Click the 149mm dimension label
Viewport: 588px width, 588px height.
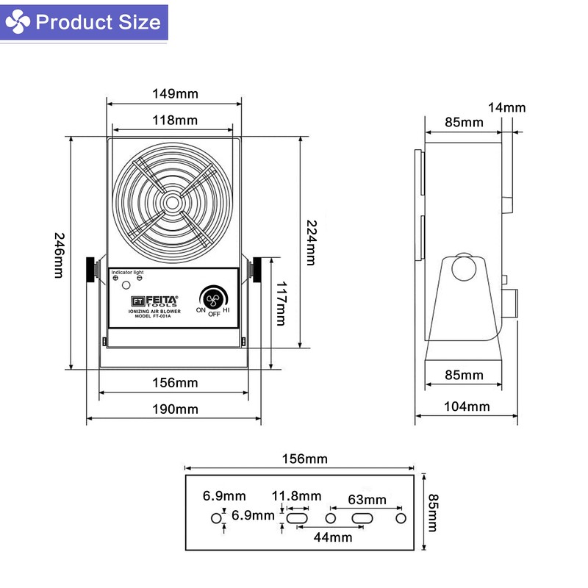pos(175,94)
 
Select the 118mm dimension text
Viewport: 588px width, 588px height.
pos(175,120)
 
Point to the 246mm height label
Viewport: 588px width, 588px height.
pos(59,255)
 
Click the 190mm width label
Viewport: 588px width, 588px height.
pos(175,409)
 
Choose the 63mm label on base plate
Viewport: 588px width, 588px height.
pos(367,500)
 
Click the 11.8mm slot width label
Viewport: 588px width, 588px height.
pos(296,496)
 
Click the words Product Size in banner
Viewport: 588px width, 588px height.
pos(97,22)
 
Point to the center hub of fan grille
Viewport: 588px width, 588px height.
pos(172,203)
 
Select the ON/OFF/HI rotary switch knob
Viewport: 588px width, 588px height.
pos(213,296)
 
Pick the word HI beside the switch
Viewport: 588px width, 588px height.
pos(226,310)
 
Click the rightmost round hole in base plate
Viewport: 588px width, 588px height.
pos(401,519)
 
